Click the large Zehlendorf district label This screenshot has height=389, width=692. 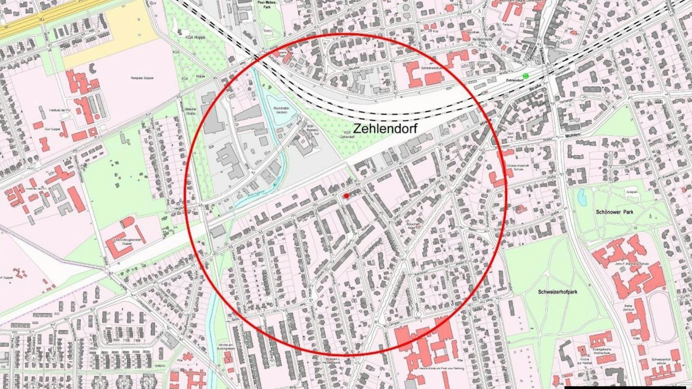385,128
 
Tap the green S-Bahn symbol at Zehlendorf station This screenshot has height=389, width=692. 526,76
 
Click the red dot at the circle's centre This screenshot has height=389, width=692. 346,196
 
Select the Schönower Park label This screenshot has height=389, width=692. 615,212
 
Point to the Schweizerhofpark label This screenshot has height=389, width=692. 558,292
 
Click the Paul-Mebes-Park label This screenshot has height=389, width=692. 268,4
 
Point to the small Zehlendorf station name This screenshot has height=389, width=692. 515,80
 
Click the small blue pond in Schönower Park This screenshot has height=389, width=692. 582,198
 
